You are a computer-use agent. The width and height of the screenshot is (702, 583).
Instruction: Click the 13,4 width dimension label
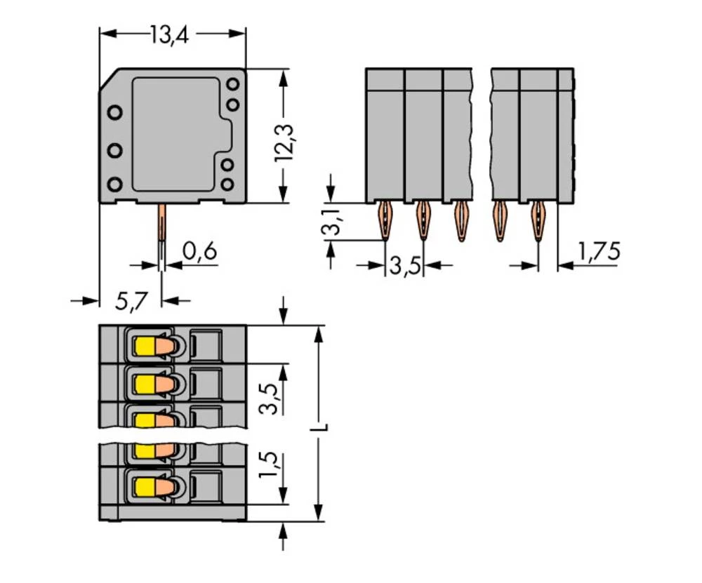(x=171, y=34)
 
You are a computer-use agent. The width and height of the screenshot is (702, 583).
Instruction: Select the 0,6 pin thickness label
(x=199, y=251)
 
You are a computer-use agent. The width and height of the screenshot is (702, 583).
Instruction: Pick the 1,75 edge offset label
(x=597, y=250)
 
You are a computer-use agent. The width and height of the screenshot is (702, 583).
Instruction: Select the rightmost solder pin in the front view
(x=538, y=220)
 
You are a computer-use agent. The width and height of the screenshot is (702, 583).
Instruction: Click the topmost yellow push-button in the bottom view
(x=145, y=345)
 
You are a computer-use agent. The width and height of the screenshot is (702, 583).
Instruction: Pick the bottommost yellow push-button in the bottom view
(x=145, y=485)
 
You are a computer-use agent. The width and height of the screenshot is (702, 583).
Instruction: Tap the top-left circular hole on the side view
(x=114, y=112)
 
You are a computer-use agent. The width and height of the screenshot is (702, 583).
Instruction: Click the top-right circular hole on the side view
(x=232, y=84)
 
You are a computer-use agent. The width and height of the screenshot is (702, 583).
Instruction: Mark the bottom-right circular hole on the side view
(x=227, y=185)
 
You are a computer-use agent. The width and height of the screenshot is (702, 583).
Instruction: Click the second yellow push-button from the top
(x=145, y=383)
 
